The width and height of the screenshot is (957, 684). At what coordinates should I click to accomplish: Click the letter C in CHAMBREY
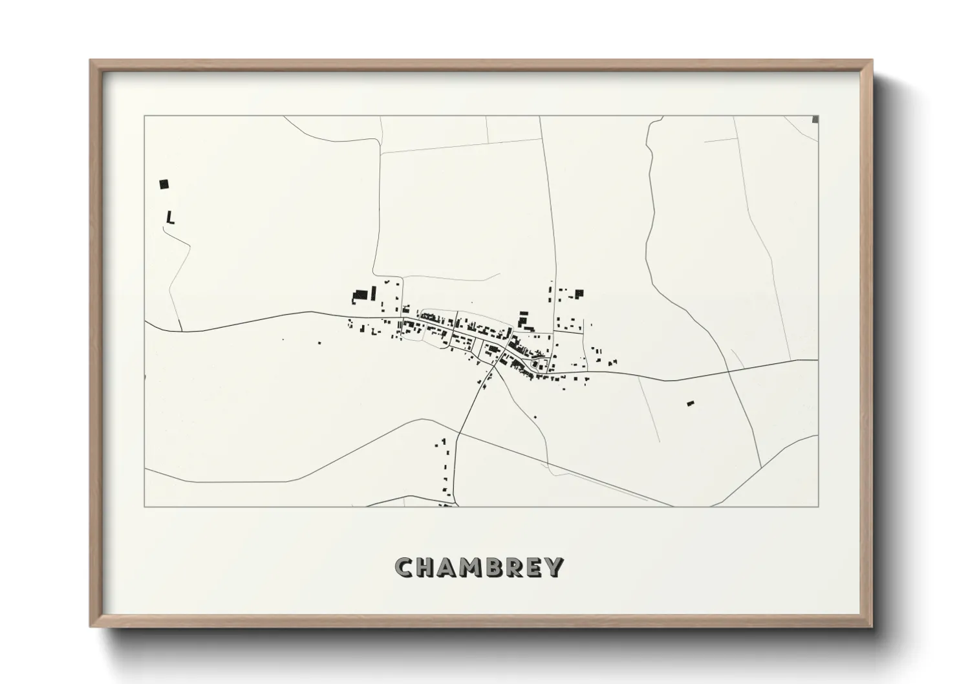(404, 567)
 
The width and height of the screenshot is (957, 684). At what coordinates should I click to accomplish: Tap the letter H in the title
(426, 567)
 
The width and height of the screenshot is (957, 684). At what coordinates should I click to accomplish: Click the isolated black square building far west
(164, 184)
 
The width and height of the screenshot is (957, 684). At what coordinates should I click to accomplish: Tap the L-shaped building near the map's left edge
(170, 218)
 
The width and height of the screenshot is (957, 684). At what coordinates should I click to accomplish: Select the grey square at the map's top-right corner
(815, 119)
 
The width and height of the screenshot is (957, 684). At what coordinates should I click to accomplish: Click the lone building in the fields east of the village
(690, 403)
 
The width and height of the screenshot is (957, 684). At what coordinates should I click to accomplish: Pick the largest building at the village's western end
(361, 295)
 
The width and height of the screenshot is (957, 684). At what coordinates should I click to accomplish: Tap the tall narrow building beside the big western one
(373, 292)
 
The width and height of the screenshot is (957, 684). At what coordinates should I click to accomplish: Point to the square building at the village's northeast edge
(579, 294)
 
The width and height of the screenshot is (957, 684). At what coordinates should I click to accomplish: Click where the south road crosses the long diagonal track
(458, 433)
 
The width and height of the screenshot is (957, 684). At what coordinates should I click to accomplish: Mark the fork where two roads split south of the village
(495, 366)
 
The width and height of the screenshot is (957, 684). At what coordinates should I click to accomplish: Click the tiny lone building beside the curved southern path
(535, 417)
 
